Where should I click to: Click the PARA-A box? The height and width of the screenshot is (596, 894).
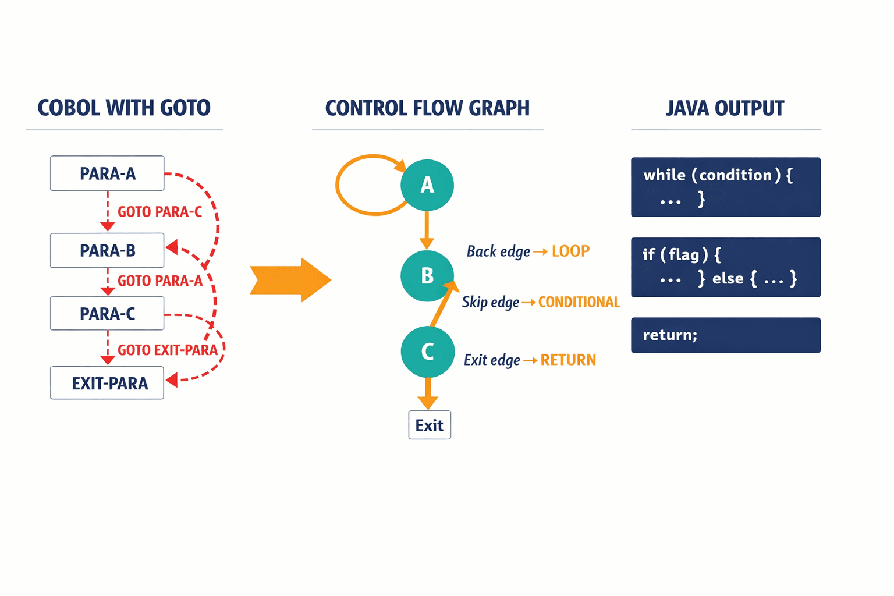tap(107, 173)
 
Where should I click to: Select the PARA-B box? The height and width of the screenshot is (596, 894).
tap(107, 250)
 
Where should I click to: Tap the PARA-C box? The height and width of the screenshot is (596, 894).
tap(107, 314)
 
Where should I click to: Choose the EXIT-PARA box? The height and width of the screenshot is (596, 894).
tap(107, 383)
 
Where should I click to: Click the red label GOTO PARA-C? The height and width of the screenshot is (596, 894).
tap(160, 212)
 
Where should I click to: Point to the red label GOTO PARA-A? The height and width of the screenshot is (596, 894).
tap(160, 281)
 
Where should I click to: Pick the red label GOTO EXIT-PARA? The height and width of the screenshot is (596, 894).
tap(168, 350)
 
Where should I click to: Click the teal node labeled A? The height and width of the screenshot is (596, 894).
tap(427, 185)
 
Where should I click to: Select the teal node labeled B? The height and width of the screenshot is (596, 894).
tap(427, 275)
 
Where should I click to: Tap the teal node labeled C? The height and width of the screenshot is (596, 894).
tap(427, 352)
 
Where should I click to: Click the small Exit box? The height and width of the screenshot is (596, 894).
tap(430, 425)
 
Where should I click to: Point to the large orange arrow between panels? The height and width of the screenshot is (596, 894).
tap(290, 280)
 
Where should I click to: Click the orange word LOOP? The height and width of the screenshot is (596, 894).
tap(570, 251)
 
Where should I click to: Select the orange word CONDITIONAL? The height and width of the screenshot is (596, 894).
tap(579, 302)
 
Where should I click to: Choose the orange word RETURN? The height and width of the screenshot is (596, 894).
tap(568, 360)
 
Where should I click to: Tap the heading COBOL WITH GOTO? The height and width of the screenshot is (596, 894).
tap(124, 108)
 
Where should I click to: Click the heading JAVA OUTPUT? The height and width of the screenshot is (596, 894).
tap(725, 108)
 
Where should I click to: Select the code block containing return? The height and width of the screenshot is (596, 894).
tap(726, 335)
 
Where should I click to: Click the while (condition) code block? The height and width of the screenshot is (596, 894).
tap(726, 187)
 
